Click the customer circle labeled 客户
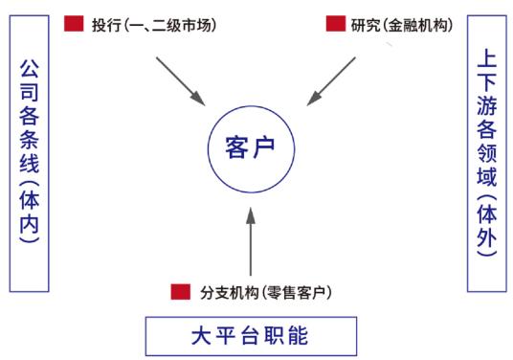click(251, 146)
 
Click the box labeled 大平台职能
click(251, 336)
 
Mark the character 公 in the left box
click(30, 71)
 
